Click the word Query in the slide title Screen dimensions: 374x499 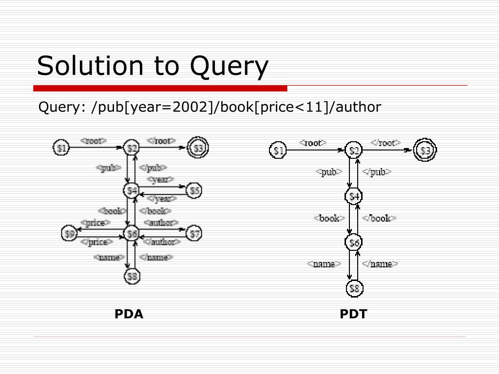pyautogui.click(x=229, y=67)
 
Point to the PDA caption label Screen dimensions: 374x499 pyautogui.click(x=129, y=314)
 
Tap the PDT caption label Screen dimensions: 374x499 pyautogui.click(x=353, y=314)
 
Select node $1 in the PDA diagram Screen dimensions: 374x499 pyautogui.click(x=61, y=147)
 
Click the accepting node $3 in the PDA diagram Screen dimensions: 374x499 pyautogui.click(x=198, y=147)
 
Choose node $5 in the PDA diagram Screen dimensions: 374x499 pyautogui.click(x=194, y=190)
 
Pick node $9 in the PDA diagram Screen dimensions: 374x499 pyautogui.click(x=70, y=234)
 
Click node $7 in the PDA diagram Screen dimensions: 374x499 pyautogui.click(x=194, y=234)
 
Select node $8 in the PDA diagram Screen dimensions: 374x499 pyautogui.click(x=132, y=277)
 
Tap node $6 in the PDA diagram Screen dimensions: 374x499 pyautogui.click(x=132, y=234)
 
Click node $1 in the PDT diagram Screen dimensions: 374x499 pyautogui.click(x=278, y=150)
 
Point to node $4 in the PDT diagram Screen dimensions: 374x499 pyautogui.click(x=354, y=196)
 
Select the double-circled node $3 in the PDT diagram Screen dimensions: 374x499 pyautogui.click(x=426, y=150)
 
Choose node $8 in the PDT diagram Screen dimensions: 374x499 pyautogui.click(x=354, y=289)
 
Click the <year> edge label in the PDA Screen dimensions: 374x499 pyautogui.click(x=161, y=180)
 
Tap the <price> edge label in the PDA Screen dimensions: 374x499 pyautogui.click(x=95, y=223)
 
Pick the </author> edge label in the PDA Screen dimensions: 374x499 pyautogui.click(x=163, y=242)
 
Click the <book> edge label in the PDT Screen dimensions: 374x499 pyautogui.click(x=329, y=218)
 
